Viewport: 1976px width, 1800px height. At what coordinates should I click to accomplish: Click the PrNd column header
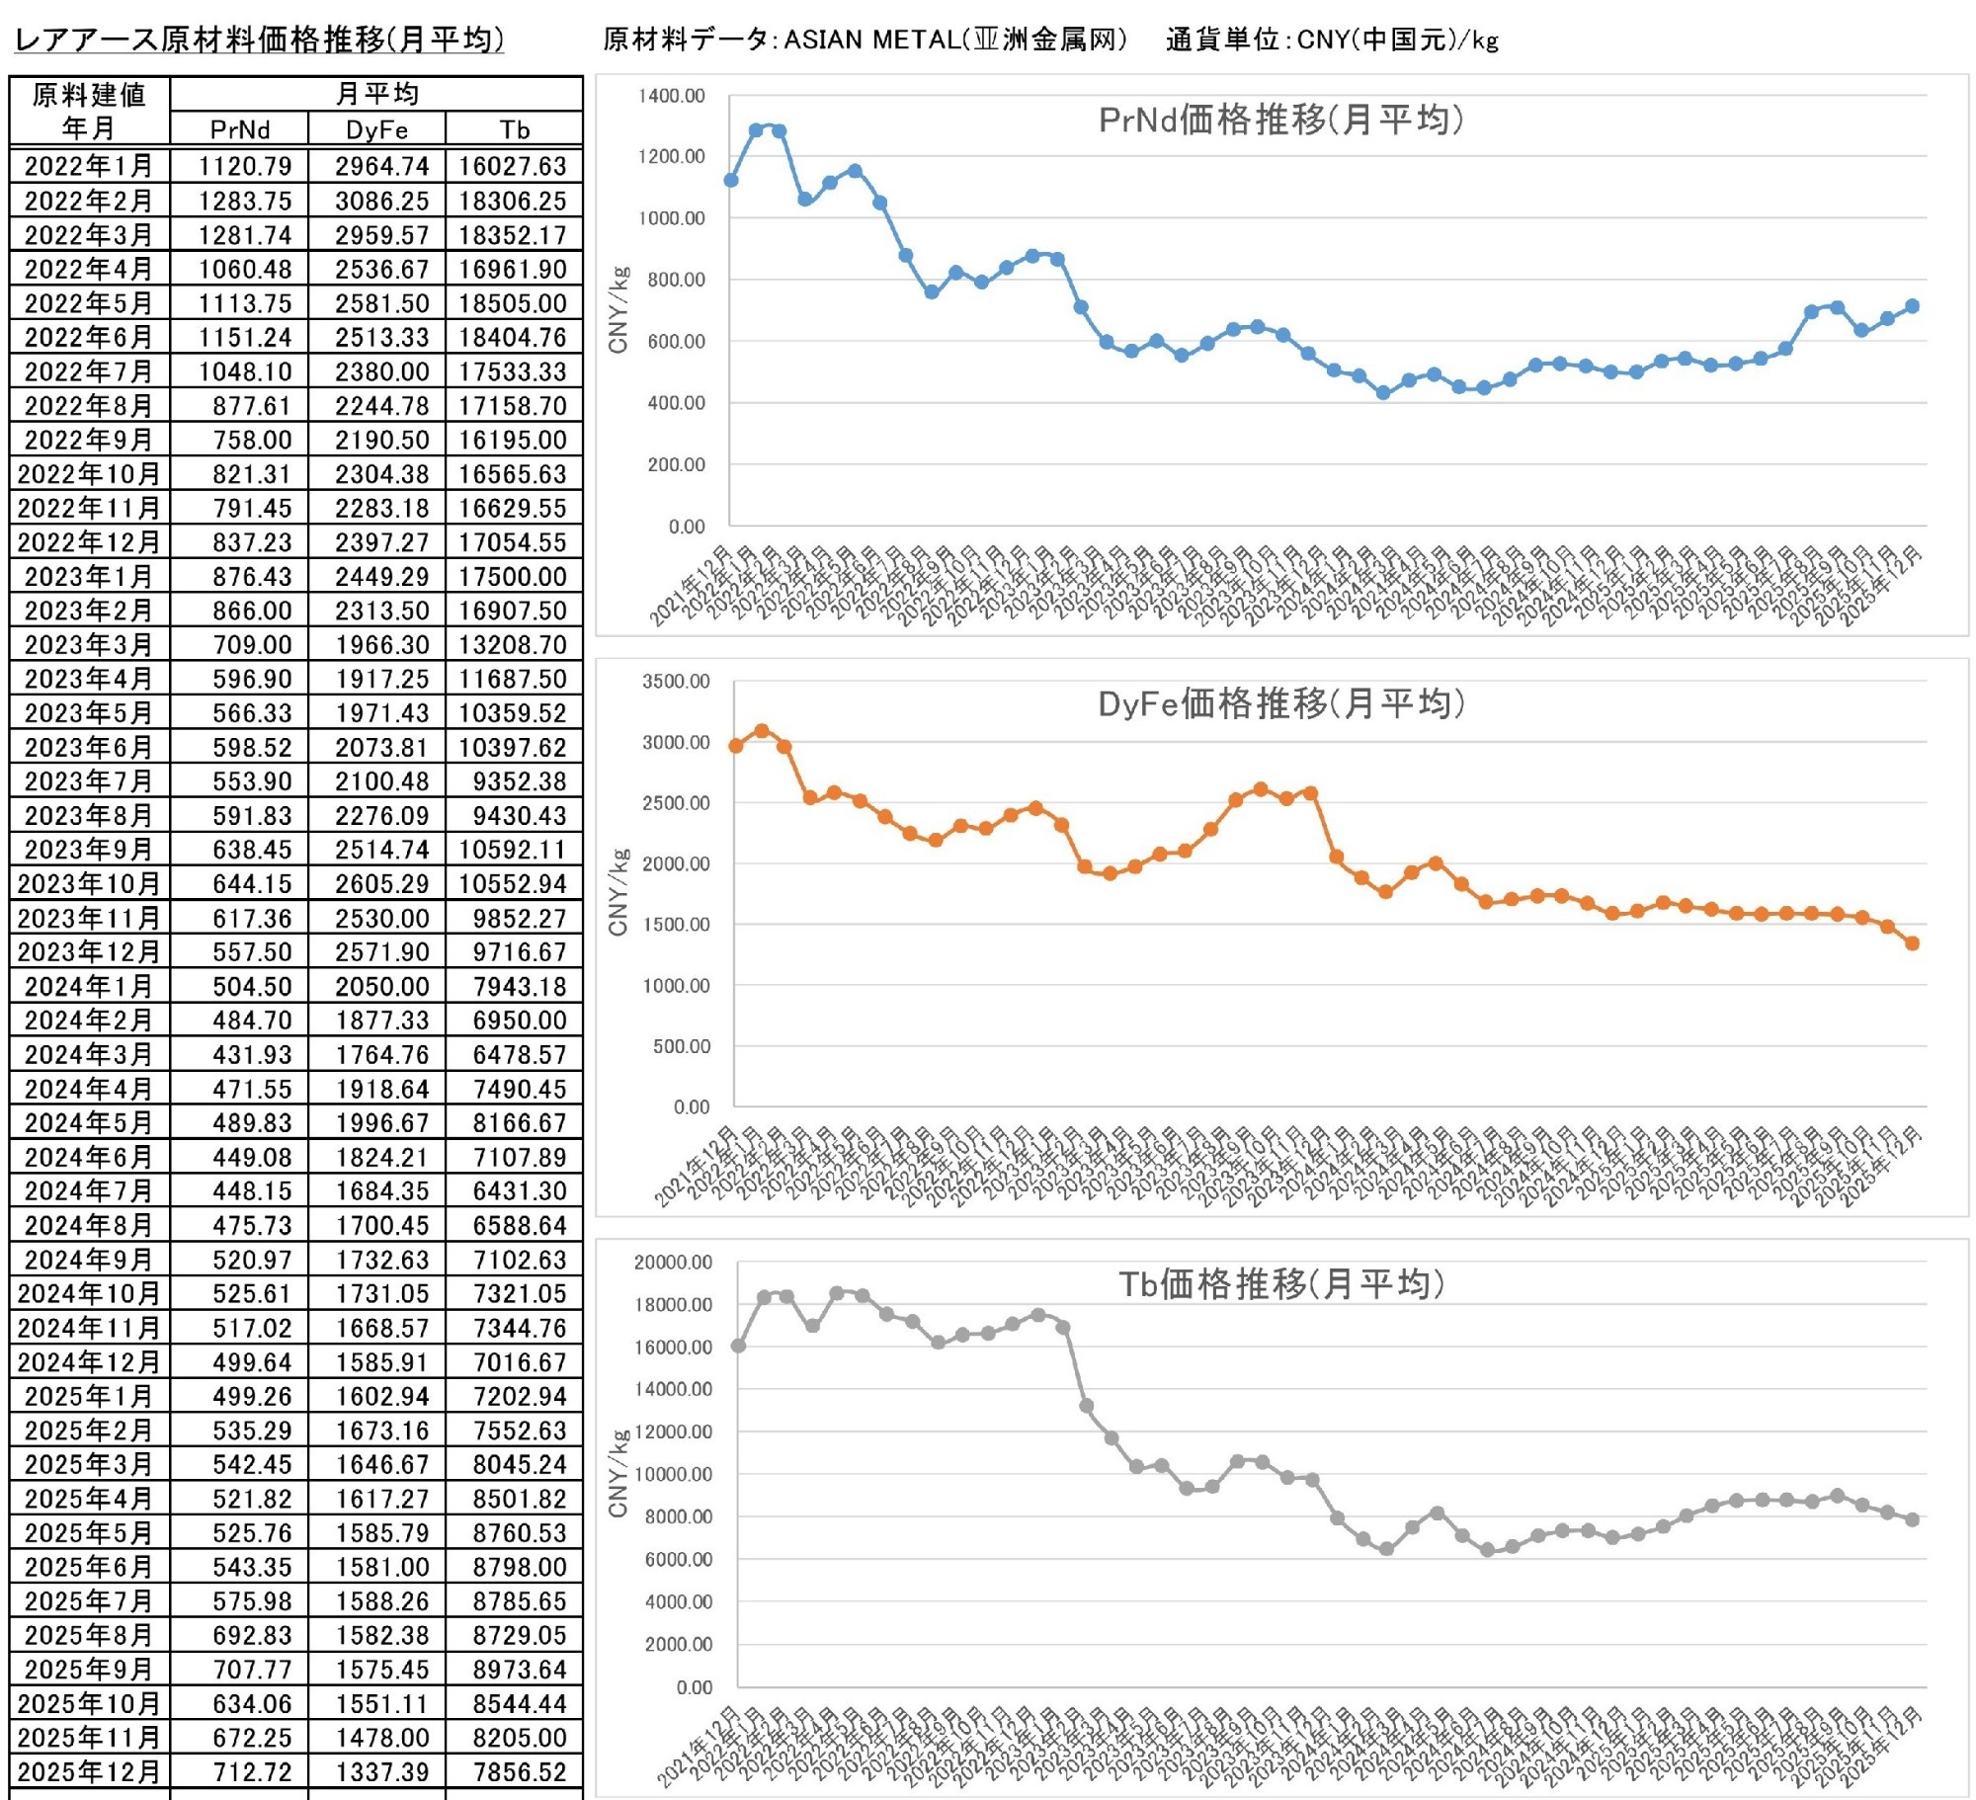coord(239,129)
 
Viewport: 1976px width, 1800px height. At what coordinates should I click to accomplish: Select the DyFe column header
coord(376,129)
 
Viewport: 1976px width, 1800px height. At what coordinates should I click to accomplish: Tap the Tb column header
coord(514,129)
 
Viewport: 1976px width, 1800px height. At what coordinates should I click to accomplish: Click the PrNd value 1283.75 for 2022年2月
coord(244,201)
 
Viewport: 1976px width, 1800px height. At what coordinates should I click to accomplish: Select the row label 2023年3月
coord(89,644)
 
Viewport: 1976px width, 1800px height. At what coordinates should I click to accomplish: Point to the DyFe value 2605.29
coord(381,883)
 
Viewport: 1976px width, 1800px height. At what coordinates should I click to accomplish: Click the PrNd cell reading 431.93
coord(252,1054)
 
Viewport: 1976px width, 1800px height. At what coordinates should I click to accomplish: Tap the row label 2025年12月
coord(89,1771)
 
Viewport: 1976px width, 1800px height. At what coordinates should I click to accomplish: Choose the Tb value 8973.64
coord(519,1669)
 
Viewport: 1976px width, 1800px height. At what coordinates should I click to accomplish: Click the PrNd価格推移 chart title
coord(1280,120)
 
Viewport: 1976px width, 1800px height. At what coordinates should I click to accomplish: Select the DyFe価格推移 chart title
coord(1280,703)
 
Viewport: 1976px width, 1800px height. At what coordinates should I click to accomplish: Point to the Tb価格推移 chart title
coord(1280,1283)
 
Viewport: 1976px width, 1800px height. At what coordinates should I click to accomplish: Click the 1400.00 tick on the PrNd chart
coord(672,96)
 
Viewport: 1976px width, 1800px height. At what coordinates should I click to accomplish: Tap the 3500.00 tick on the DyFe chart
coord(676,681)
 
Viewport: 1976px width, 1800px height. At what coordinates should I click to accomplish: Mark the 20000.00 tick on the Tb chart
coord(673,1262)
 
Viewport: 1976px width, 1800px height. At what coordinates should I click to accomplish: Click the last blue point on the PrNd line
coord(1912,306)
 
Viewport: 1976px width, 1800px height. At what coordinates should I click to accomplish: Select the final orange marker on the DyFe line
coord(1912,943)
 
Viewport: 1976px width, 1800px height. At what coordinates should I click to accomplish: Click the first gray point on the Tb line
coord(738,1346)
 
